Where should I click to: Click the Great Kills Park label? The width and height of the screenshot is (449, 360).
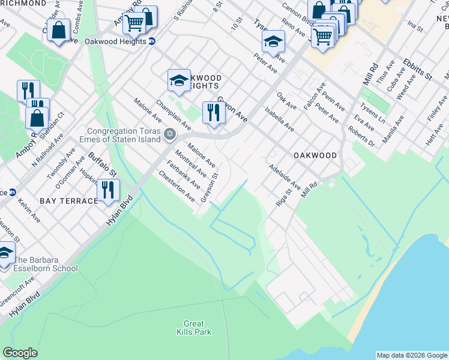point(191,327)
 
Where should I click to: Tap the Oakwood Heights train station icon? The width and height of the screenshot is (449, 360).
point(152,41)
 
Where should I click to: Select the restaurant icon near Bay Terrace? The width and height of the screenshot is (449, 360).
point(108,190)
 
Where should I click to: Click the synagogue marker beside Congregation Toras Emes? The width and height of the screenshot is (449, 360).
point(170,133)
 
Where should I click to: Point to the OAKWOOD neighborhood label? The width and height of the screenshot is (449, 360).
point(315,155)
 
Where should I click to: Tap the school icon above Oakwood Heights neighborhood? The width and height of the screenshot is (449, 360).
point(178,80)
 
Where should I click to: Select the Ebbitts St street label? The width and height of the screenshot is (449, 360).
point(418,69)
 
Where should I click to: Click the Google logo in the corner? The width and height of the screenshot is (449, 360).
point(20,353)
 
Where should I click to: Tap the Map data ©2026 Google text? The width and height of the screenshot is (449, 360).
point(411,355)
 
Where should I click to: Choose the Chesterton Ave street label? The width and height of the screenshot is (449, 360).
point(177,186)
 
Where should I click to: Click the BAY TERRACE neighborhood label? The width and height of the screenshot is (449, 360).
point(69,200)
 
